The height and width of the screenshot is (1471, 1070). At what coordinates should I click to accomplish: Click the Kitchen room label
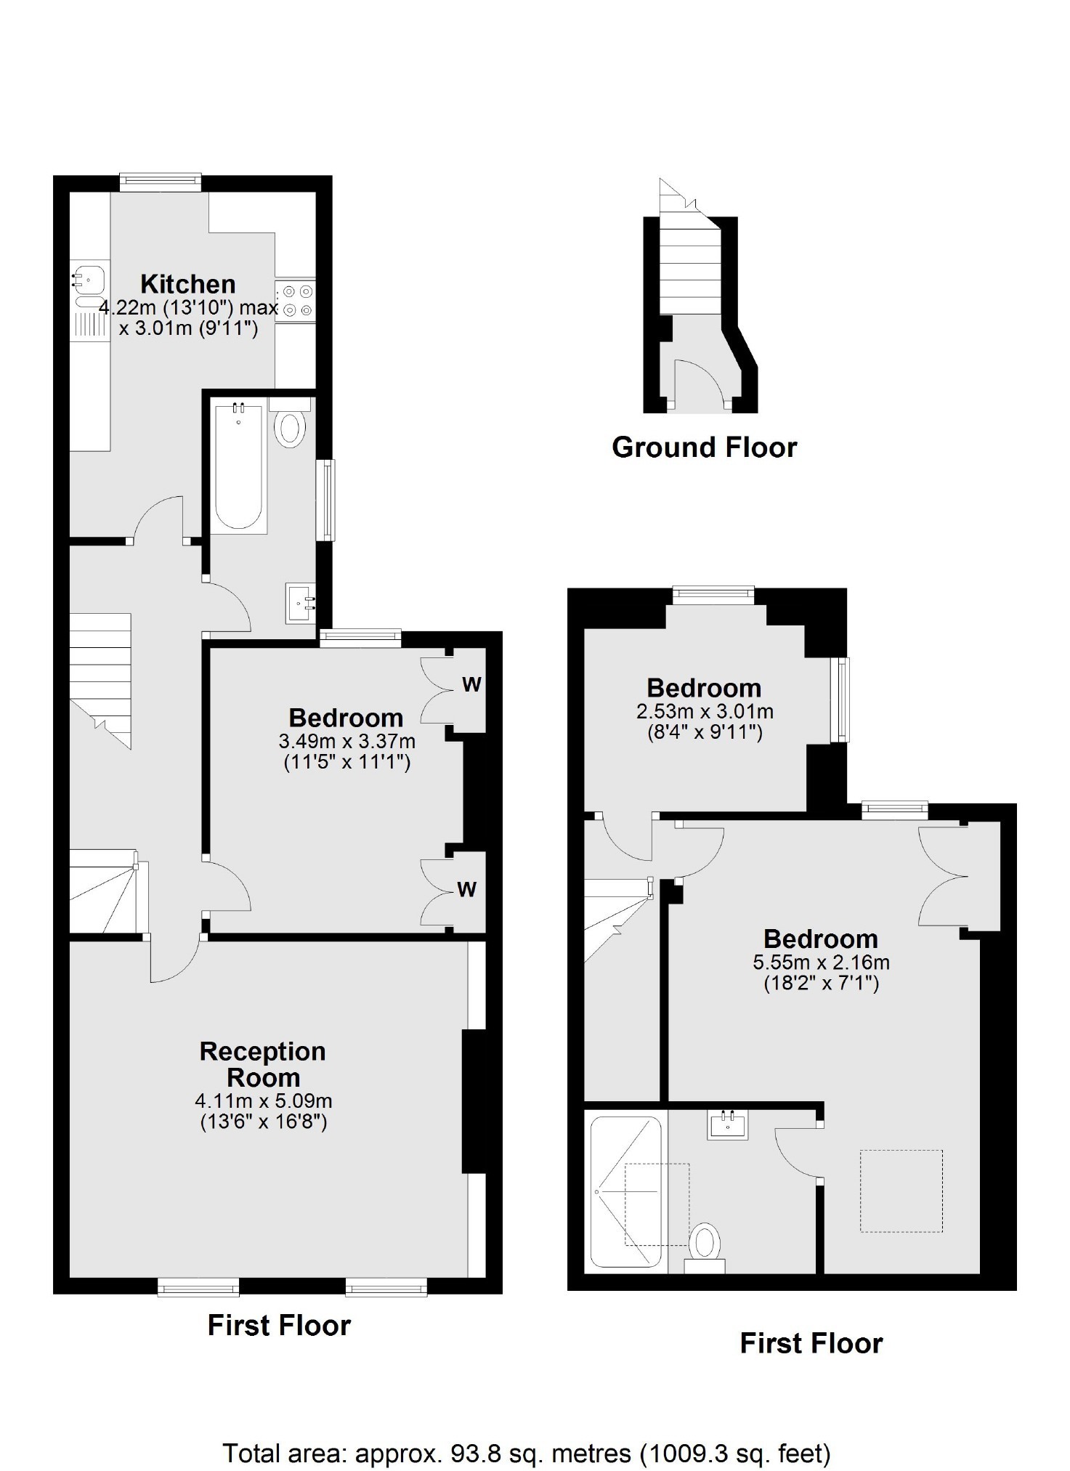[x=188, y=283]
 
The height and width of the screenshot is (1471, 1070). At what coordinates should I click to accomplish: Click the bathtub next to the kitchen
[x=238, y=466]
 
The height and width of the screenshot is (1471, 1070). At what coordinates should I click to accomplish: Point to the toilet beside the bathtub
[x=290, y=424]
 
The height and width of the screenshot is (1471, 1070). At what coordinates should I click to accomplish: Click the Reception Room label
[x=263, y=1064]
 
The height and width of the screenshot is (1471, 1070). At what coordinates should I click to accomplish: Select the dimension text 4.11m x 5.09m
[x=264, y=1101]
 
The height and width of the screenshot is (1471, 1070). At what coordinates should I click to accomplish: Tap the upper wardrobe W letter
[x=471, y=684]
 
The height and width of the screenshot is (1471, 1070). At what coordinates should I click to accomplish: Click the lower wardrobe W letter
[x=467, y=889]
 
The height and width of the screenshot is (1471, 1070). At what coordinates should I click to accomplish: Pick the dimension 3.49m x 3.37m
[x=346, y=742]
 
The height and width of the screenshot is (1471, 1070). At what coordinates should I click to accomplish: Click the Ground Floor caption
[x=705, y=447]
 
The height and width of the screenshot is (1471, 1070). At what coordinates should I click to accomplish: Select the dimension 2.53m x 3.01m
[x=705, y=711]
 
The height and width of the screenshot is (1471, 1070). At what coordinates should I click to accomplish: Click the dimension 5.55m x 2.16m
[x=821, y=963]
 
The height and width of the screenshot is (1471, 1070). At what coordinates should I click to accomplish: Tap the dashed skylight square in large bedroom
[x=901, y=1191]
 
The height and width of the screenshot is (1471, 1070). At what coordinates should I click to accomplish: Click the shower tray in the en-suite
[x=625, y=1191]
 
